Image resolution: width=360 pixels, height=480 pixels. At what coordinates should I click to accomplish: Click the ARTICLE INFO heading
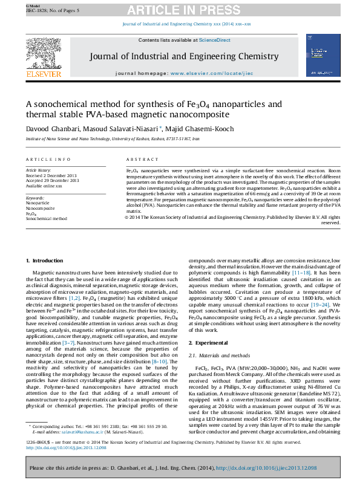click(x=48, y=159)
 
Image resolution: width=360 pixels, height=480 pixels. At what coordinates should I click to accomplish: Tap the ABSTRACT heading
click(x=142, y=159)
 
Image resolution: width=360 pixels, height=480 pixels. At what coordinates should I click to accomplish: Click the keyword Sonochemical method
click(x=46, y=218)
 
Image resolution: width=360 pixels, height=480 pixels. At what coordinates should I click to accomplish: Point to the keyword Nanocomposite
click(x=41, y=208)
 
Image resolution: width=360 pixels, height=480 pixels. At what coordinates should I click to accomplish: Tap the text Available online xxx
click(x=44, y=186)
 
